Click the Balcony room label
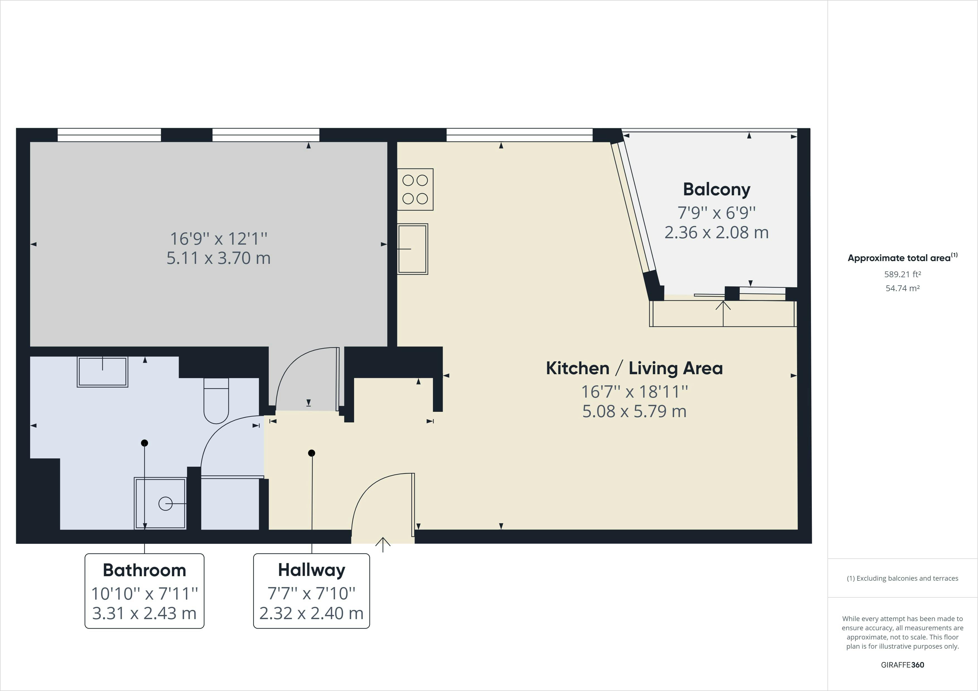(x=716, y=189)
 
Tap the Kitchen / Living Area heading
(x=634, y=368)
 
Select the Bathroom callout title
(x=144, y=570)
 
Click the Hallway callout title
(x=311, y=570)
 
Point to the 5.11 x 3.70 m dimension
(x=219, y=258)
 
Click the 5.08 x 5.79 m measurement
(x=634, y=411)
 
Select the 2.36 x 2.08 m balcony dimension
(x=716, y=232)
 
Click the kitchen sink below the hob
(x=412, y=249)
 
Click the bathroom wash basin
(x=103, y=372)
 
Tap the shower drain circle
(x=165, y=504)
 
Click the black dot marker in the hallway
(x=312, y=453)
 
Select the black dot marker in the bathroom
(x=144, y=443)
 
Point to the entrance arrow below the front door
(x=383, y=544)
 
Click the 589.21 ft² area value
(x=903, y=274)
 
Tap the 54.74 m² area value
(x=903, y=288)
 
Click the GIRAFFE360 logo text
(x=903, y=665)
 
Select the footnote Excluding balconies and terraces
(x=903, y=578)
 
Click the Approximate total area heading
(x=903, y=257)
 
